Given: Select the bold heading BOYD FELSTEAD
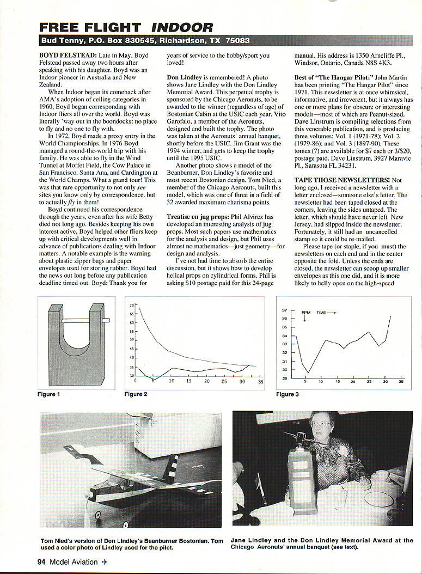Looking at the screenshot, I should pyautogui.click(x=68, y=56).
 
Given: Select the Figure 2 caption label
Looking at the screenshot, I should pyautogui.click(x=136, y=394).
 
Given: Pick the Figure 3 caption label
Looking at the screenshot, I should pyautogui.click(x=288, y=394).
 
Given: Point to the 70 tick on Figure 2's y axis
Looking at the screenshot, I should pyautogui.click(x=132, y=306).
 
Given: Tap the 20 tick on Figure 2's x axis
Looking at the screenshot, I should pyautogui.click(x=207, y=381).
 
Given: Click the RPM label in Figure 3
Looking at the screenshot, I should pyautogui.click(x=305, y=313).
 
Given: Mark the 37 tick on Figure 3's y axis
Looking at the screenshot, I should pyautogui.click(x=284, y=310).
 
